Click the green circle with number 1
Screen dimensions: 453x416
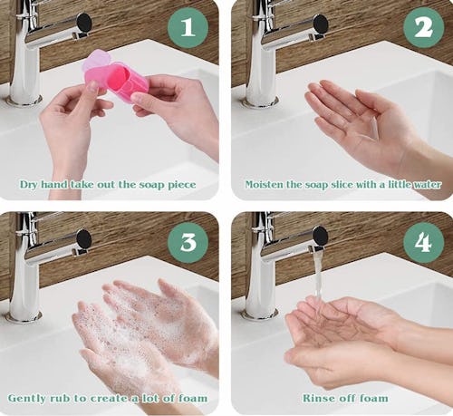point(188,28)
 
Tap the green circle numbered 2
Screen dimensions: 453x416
point(424,28)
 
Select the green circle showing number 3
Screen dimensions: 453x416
point(188,243)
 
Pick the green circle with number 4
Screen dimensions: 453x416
point(424,243)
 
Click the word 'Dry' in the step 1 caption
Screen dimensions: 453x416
point(29,184)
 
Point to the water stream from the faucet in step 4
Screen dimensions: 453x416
point(319,278)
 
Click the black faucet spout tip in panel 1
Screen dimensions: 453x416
point(84,22)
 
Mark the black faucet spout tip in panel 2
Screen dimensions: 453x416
point(321,24)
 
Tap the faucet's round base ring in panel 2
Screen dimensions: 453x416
point(260,102)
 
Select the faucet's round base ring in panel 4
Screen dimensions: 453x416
point(260,314)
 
